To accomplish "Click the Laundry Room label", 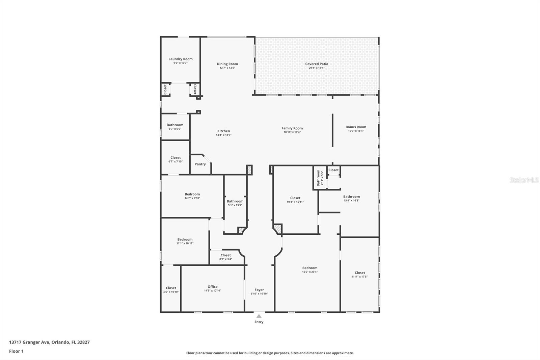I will (181, 59).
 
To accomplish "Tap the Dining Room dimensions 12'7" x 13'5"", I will (227, 68).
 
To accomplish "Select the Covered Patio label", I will (317, 64).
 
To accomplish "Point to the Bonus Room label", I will (356, 127).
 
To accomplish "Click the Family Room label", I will (292, 128).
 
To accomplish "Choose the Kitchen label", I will (223, 131).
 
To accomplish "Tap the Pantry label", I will (200, 164).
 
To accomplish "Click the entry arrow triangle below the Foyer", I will (259, 316).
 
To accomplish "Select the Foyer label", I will (259, 290).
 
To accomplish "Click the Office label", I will (213, 287).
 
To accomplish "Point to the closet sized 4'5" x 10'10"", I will (171, 290).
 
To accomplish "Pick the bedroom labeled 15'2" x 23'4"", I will (309, 269).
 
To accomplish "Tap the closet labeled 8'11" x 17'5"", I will (360, 274).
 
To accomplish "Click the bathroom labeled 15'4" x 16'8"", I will (351, 198).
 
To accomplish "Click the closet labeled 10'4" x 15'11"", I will (295, 200).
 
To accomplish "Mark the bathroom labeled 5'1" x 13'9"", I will (235, 203).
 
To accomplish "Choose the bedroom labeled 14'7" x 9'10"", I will (192, 196).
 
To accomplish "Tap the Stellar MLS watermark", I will (524, 180).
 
